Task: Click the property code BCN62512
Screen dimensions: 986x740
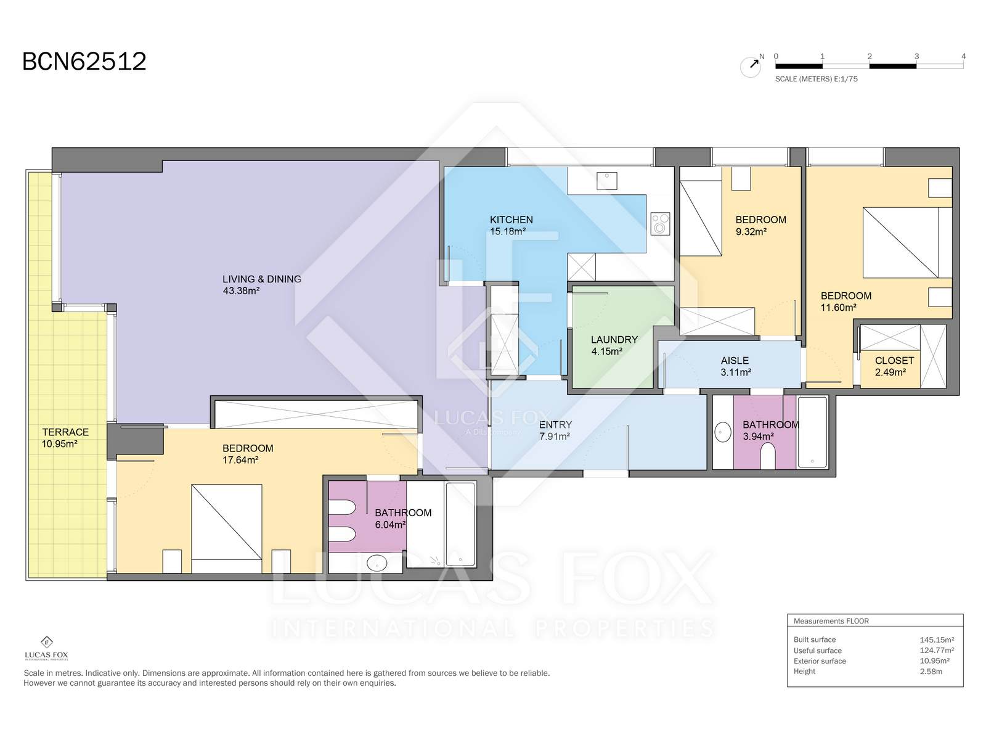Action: pyautogui.click(x=84, y=62)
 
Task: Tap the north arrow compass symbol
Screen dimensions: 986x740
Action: pyautogui.click(x=751, y=66)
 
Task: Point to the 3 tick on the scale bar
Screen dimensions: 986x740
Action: pyautogui.click(x=916, y=57)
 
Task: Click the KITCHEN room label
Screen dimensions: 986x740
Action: pyautogui.click(x=511, y=220)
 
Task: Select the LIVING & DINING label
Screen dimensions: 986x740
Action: pyautogui.click(x=262, y=279)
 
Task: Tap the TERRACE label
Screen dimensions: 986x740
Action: pyautogui.click(x=65, y=432)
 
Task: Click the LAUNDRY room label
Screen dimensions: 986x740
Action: pyautogui.click(x=614, y=340)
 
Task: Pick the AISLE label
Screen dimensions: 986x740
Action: pyautogui.click(x=735, y=360)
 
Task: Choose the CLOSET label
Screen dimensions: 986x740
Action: pyautogui.click(x=894, y=360)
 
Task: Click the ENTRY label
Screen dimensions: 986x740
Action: pyautogui.click(x=555, y=425)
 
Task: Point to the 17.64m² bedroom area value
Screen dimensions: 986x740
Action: pyautogui.click(x=240, y=460)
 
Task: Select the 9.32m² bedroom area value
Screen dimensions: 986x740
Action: pyautogui.click(x=751, y=232)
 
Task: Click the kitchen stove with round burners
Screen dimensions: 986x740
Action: pyautogui.click(x=660, y=224)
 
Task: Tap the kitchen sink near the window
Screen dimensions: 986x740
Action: pyautogui.click(x=607, y=181)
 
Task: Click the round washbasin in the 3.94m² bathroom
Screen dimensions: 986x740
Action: pyautogui.click(x=723, y=432)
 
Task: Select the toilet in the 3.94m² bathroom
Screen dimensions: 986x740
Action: pyautogui.click(x=768, y=456)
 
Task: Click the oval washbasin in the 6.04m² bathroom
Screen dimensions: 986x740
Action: pyautogui.click(x=377, y=562)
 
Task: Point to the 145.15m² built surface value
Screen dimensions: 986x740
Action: pyautogui.click(x=937, y=640)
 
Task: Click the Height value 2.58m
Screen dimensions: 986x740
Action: pyautogui.click(x=931, y=672)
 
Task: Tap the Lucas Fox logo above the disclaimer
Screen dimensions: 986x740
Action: pyautogui.click(x=47, y=648)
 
